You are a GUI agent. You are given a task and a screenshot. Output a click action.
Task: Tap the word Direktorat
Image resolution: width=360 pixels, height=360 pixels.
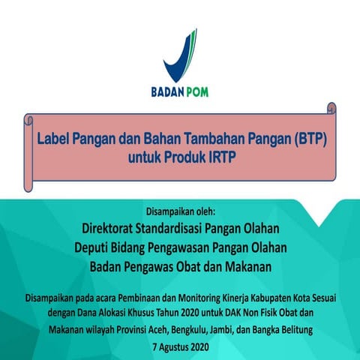click(x=118, y=226)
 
